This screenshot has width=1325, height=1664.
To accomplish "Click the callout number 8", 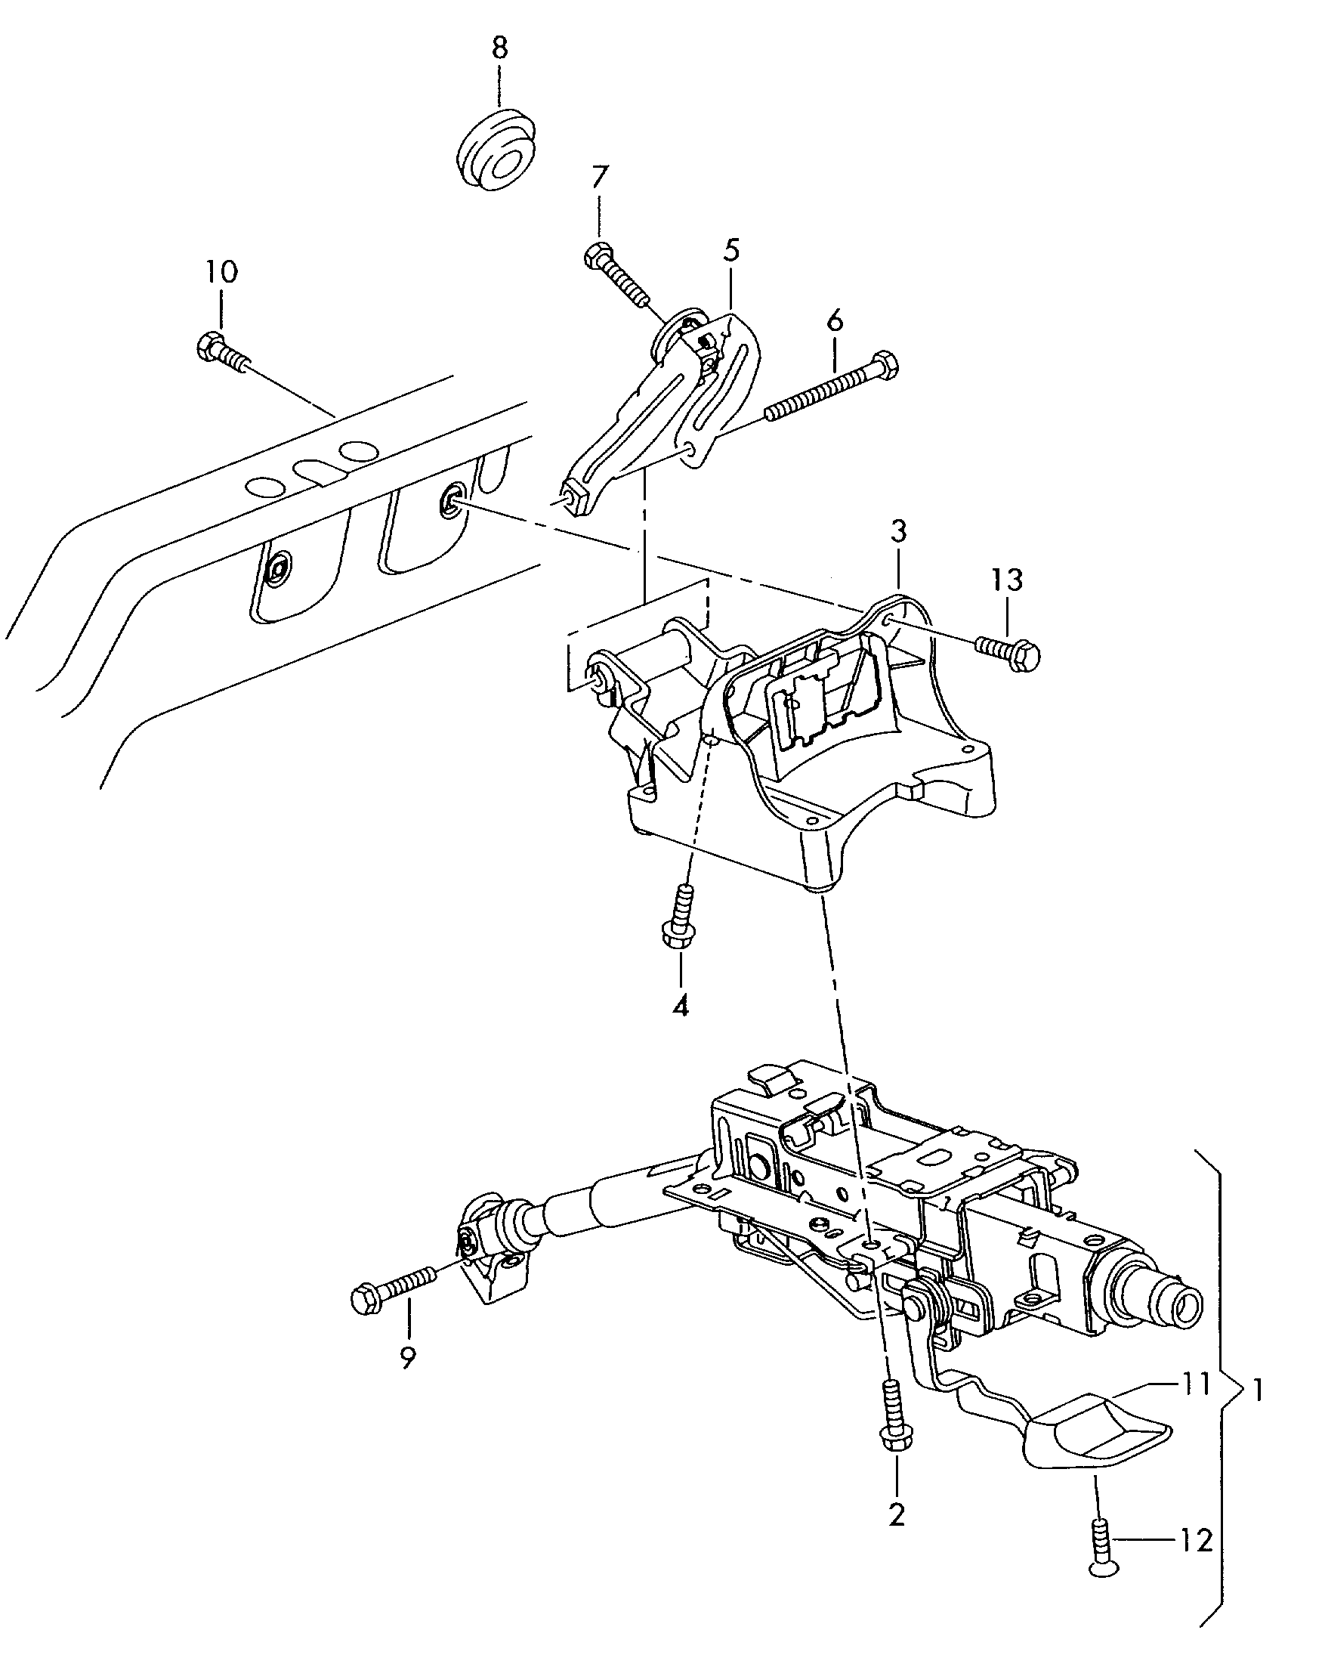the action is point(500,48).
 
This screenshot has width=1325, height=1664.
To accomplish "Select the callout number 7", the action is point(600,178).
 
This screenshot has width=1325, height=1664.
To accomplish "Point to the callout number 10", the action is point(221,272).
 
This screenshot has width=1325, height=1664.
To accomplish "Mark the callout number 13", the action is point(1008,580).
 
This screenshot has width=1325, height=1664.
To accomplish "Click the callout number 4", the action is point(681,1006).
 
